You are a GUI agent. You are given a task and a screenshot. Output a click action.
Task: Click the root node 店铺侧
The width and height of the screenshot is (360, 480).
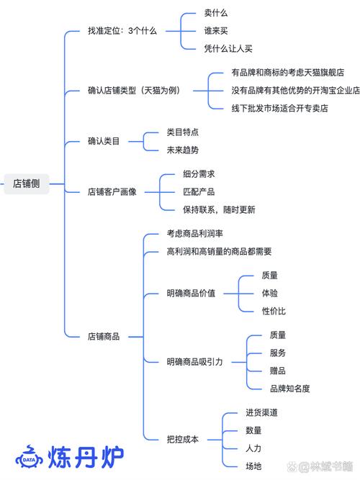[x=27, y=184]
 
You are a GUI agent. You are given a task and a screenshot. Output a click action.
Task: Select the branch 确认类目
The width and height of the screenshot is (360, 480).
[x=104, y=141]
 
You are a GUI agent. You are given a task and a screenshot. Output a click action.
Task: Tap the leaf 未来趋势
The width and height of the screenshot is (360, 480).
[x=182, y=150]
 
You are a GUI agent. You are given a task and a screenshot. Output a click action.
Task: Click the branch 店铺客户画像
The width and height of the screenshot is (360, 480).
[x=112, y=192]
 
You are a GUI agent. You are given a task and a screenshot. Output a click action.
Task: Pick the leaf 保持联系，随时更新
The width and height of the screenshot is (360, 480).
[x=219, y=209]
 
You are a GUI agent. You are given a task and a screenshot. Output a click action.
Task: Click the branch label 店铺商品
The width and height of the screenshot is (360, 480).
[x=104, y=336]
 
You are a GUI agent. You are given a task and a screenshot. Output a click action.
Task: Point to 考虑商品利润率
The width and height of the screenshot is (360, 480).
[x=194, y=235]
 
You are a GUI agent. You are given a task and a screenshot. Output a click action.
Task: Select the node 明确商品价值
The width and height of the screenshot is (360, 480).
[x=191, y=294]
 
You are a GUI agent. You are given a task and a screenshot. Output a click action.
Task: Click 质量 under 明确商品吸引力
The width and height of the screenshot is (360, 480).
[x=278, y=335]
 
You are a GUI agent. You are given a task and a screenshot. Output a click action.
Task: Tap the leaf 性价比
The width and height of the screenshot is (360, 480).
[x=274, y=311]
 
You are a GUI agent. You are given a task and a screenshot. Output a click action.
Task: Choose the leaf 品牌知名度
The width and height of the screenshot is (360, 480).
[x=289, y=389]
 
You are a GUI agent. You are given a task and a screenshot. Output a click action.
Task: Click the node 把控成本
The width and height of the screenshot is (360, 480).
[x=182, y=439]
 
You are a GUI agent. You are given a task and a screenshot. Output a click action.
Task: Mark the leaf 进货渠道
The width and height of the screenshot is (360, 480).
[x=261, y=412]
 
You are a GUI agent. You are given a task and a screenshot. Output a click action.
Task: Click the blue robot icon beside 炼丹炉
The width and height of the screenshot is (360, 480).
[x=30, y=457]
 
